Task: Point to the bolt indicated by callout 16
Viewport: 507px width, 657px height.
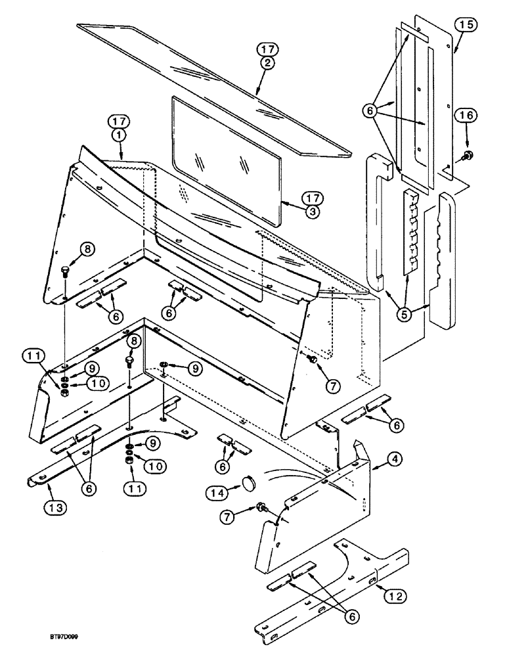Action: click(x=468, y=156)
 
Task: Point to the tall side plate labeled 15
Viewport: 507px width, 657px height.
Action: click(x=449, y=99)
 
